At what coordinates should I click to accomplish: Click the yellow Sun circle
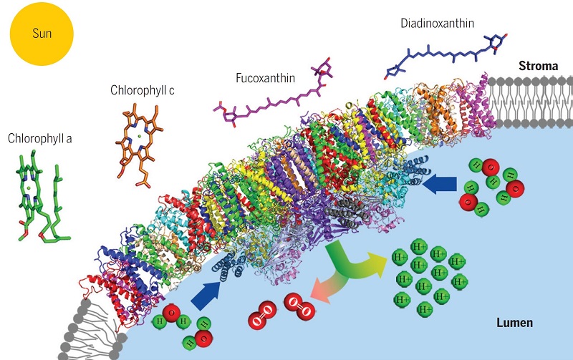[x=42, y=34]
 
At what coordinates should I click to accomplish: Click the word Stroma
[x=538, y=66]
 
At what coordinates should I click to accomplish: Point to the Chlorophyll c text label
[x=143, y=91]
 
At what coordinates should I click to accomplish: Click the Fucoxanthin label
[x=265, y=77]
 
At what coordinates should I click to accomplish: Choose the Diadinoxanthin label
[x=439, y=24]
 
